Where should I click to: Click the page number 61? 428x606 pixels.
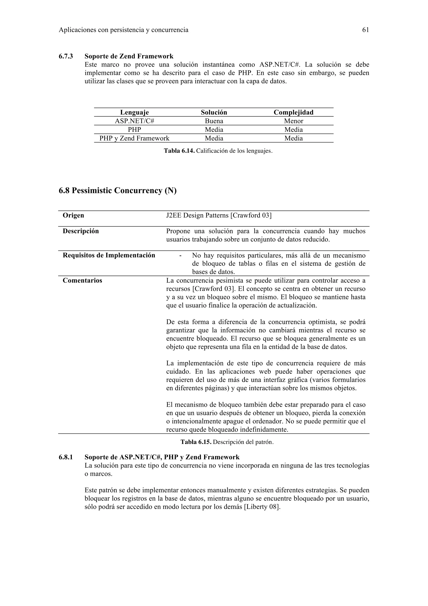coord(366,30)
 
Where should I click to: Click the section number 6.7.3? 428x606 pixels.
coord(66,56)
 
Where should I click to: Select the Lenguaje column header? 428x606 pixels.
coord(135,113)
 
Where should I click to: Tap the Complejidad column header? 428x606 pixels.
coord(293,113)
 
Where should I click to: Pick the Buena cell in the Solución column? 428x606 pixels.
coord(214,121)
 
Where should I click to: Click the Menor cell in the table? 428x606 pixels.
coord(293,121)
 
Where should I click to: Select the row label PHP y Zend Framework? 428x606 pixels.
coord(134,138)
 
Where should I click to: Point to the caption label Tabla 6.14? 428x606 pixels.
coord(179,151)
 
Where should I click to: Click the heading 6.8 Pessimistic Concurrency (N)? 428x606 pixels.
coord(118,190)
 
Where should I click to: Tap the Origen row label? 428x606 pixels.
coord(73,215)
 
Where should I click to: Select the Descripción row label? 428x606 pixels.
coord(81,231)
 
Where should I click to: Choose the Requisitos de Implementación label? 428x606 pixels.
coord(109,256)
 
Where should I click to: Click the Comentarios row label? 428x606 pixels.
coord(82,281)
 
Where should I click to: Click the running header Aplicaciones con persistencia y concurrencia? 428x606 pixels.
coord(124,30)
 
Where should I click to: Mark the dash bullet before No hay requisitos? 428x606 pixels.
coord(180,256)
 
